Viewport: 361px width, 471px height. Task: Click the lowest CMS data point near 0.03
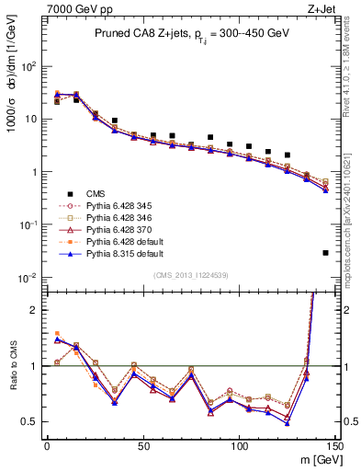tap(326, 252)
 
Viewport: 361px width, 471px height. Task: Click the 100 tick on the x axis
tap(239, 446)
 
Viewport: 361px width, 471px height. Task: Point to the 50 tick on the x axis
tap(142, 446)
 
